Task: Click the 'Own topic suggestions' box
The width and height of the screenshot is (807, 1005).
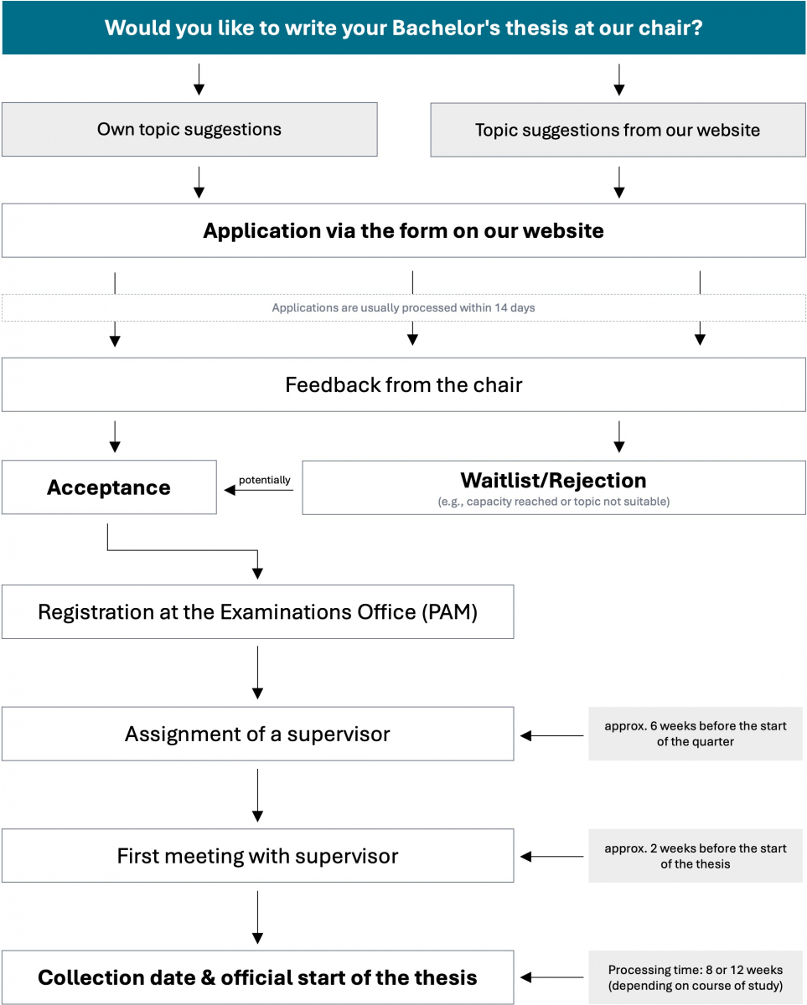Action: pyautogui.click(x=189, y=129)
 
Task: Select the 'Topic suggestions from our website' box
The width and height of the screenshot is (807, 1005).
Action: pyautogui.click(x=618, y=130)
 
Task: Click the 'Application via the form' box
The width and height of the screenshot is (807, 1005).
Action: pyautogui.click(x=404, y=230)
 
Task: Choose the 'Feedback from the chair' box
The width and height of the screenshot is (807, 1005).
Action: pyautogui.click(x=404, y=384)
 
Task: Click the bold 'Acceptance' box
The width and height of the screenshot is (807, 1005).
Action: pyautogui.click(x=109, y=487)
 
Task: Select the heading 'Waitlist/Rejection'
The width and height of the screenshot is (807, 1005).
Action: pyautogui.click(x=554, y=481)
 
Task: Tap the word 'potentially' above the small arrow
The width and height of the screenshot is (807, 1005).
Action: pyautogui.click(x=265, y=480)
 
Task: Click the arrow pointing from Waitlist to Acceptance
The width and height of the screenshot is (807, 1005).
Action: pyautogui.click(x=259, y=490)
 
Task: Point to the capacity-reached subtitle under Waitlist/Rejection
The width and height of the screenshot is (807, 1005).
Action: pyautogui.click(x=554, y=502)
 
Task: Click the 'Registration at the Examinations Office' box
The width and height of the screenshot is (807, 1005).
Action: pyautogui.click(x=258, y=611)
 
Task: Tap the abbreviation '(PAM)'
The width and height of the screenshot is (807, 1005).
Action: pyautogui.click(x=449, y=612)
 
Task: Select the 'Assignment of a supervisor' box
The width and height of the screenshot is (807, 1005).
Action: pyautogui.click(x=258, y=734)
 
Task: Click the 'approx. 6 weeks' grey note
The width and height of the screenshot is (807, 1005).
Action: pyautogui.click(x=696, y=734)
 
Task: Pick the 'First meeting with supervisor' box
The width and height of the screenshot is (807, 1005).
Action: pyautogui.click(x=258, y=856)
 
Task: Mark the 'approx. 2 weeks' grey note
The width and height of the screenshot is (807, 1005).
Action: pyautogui.click(x=696, y=856)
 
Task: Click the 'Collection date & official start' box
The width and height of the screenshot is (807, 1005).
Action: pyautogui.click(x=258, y=977)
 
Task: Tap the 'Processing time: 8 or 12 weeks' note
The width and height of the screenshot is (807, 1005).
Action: pyautogui.click(x=696, y=977)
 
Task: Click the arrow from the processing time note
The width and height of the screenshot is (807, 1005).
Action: pyautogui.click(x=552, y=977)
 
